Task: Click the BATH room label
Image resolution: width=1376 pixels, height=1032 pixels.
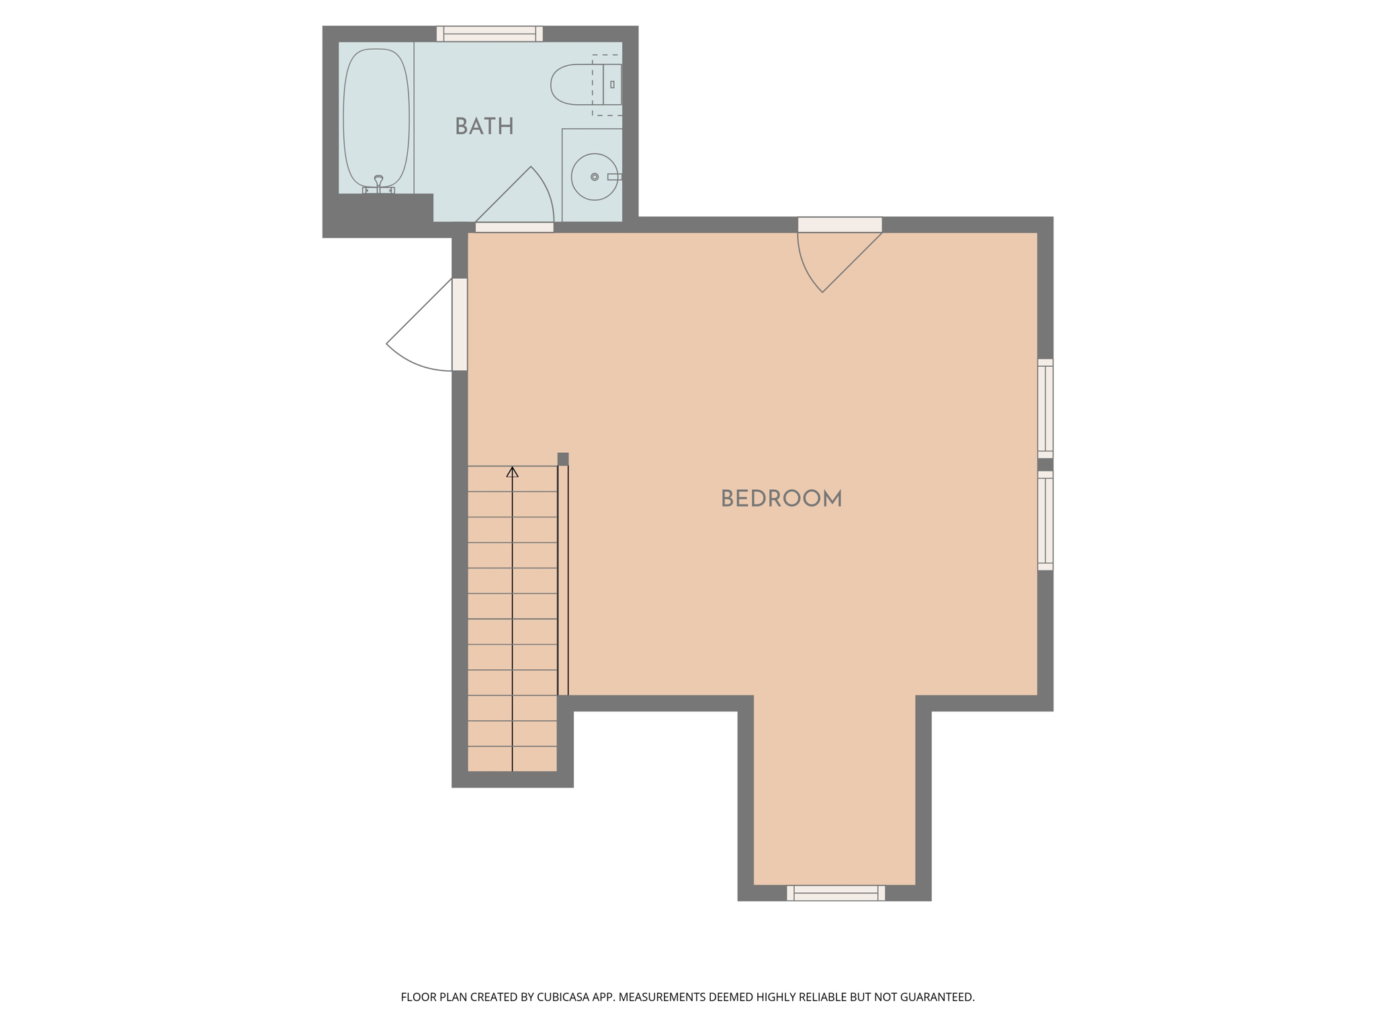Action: click(x=484, y=126)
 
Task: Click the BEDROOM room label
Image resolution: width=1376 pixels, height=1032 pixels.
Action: click(x=781, y=499)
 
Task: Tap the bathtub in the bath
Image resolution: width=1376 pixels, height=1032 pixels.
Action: click(x=376, y=118)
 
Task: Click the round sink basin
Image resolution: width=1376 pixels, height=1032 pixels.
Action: click(x=595, y=177)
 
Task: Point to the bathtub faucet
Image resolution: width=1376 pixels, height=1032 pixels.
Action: click(x=378, y=184)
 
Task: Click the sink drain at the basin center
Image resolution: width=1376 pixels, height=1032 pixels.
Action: click(x=595, y=177)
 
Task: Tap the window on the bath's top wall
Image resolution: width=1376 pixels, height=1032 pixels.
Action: click(x=490, y=34)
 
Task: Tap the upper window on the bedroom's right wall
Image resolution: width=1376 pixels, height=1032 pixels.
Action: click(x=1045, y=408)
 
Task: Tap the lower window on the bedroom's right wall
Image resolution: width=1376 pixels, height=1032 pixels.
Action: click(x=1045, y=521)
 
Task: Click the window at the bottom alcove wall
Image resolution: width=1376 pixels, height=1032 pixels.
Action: click(x=836, y=893)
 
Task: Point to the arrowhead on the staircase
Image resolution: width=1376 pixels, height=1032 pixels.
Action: click(x=513, y=472)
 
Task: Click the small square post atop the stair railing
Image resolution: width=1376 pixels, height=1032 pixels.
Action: click(x=563, y=459)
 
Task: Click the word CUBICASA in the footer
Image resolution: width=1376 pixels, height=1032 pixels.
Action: click(x=562, y=997)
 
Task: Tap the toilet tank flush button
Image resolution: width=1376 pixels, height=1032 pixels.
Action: click(x=612, y=85)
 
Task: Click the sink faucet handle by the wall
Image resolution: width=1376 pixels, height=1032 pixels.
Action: click(x=615, y=177)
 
